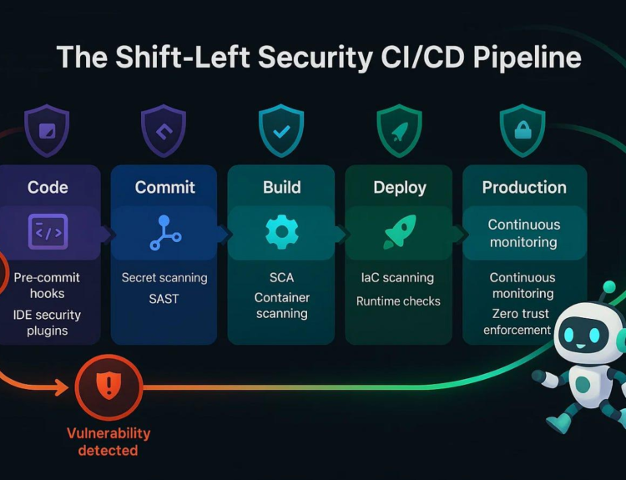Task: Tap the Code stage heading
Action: click(48, 187)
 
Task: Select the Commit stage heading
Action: click(165, 187)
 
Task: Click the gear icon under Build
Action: click(282, 231)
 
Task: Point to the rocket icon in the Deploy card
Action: click(400, 231)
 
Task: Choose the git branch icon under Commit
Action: click(165, 232)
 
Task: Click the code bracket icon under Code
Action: click(48, 231)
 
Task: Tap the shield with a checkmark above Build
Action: click(281, 130)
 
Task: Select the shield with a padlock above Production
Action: click(523, 130)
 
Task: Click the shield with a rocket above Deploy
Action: click(399, 130)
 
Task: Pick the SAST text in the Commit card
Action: click(164, 299)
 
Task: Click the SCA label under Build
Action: click(281, 277)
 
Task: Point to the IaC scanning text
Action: click(397, 277)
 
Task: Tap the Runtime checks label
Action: click(398, 301)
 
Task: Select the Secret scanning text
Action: click(164, 278)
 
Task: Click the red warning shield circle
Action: click(109, 387)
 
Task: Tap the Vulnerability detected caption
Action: click(109, 442)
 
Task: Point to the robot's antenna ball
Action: click(608, 287)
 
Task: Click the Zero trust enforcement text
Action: click(518, 322)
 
